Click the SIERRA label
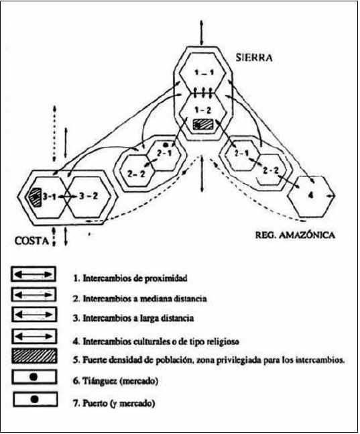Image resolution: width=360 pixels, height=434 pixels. click(x=254, y=58)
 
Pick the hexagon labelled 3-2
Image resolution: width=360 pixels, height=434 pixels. click(x=87, y=196)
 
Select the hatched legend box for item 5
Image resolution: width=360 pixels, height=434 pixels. click(x=33, y=355)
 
